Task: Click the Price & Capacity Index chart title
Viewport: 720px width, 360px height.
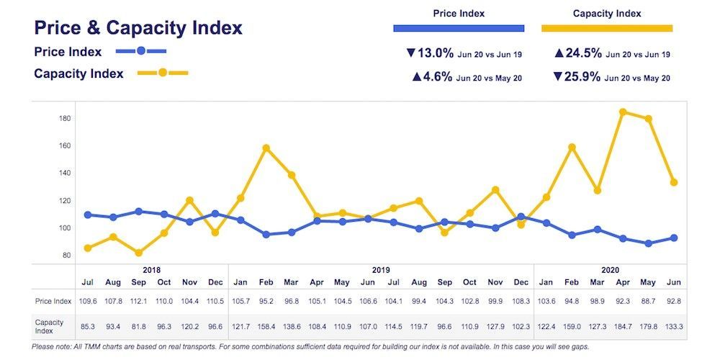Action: coord(138,28)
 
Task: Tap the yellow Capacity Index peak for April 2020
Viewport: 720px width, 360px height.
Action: coord(624,112)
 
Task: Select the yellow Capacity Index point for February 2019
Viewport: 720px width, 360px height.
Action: coord(266,148)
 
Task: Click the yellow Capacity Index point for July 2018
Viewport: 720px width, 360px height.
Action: coord(88,248)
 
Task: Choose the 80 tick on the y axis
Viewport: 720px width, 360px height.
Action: coord(66,256)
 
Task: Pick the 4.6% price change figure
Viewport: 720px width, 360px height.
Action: coord(432,77)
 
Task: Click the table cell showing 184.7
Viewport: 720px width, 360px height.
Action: coord(624,326)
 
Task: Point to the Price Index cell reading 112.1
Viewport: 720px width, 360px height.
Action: coord(139,300)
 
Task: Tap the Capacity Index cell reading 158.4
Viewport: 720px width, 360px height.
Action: coord(266,326)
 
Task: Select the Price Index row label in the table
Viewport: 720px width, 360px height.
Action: coord(52,300)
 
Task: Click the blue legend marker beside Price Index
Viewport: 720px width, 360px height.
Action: coord(141,51)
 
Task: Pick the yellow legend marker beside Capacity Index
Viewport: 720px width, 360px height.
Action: coord(163,73)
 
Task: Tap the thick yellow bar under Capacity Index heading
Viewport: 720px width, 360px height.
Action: coord(606,29)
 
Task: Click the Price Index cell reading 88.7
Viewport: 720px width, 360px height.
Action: coord(649,300)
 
